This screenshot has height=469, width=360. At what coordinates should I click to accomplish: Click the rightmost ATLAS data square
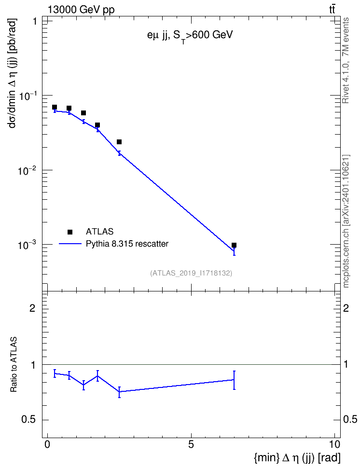pos(234,245)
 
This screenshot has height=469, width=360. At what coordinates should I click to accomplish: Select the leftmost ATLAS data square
pos(55,107)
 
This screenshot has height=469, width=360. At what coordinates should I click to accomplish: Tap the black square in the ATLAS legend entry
pos(70,232)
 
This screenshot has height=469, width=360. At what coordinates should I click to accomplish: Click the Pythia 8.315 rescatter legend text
pos(127,244)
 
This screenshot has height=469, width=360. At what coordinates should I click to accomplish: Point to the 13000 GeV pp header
pos(81,10)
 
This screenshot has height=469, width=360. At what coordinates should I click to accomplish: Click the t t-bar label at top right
pos(332,9)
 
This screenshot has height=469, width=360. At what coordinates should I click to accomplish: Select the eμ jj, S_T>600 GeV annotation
pos(190,36)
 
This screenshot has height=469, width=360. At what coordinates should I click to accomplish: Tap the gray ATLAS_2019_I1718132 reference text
pos(191,273)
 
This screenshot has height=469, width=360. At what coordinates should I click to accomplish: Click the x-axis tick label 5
pos(191,444)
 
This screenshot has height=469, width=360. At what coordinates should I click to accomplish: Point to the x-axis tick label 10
pos(335,444)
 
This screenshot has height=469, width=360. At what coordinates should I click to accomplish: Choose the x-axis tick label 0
pos(47,444)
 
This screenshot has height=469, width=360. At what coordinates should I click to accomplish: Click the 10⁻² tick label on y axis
pos(28,171)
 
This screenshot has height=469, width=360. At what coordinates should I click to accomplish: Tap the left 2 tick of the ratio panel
pos(32,308)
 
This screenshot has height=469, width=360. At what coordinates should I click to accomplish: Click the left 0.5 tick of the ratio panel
pos(29,420)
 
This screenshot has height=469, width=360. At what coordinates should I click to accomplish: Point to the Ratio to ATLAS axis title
pos(14,364)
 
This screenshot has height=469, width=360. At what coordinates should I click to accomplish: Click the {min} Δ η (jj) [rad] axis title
pos(297,458)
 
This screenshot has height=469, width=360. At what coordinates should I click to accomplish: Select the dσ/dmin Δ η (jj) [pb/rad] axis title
pos(13,73)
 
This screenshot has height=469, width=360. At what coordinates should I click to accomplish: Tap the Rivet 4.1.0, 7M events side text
pos(346,60)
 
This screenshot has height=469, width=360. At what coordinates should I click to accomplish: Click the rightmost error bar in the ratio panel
pos(234,380)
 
